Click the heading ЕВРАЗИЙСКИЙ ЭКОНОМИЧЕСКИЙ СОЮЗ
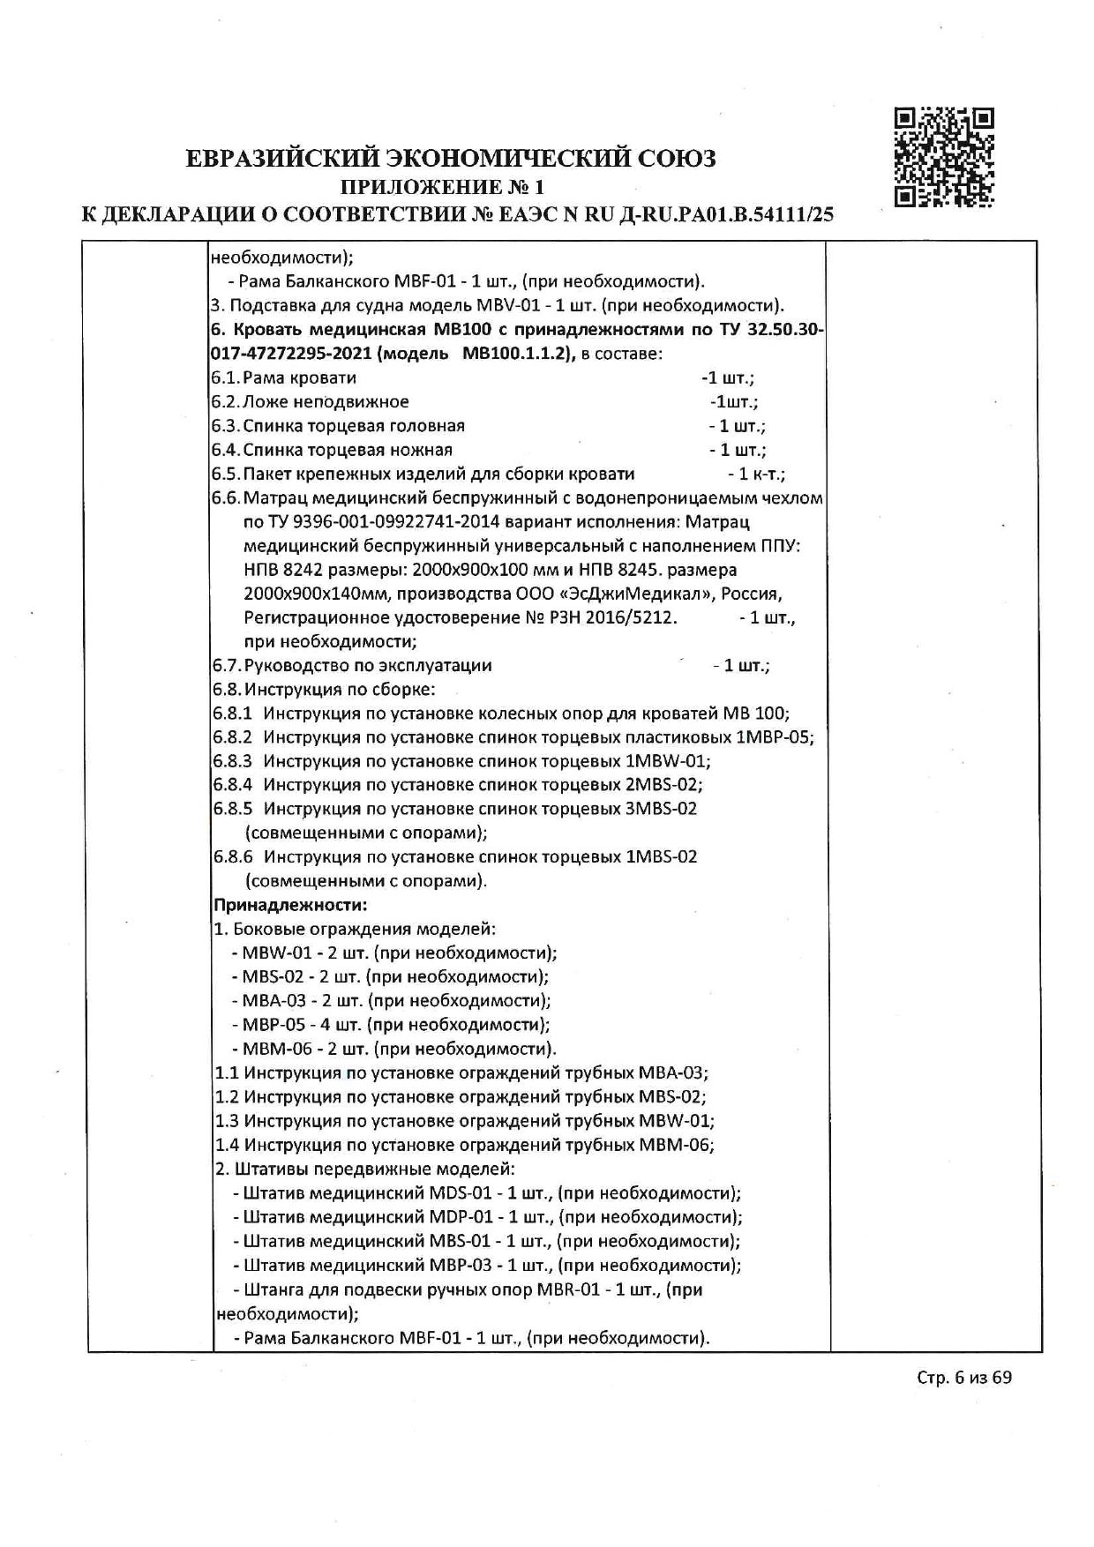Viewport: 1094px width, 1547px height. point(451,159)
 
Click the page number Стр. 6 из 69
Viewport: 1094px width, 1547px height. point(963,1377)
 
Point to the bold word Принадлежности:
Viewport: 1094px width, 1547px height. point(290,905)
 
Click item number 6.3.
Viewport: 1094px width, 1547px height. point(225,426)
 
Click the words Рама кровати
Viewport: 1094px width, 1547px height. point(300,378)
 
